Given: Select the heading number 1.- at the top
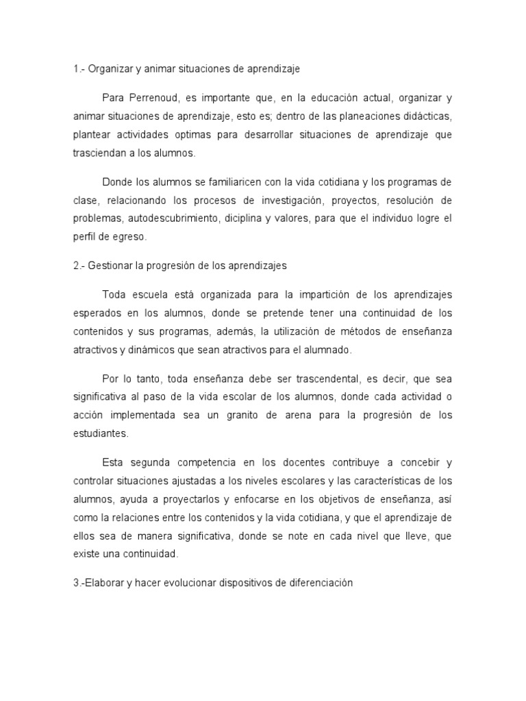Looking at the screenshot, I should [80, 69].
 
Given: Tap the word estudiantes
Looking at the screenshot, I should [100, 434].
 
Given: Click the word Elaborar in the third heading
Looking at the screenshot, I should [105, 584].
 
